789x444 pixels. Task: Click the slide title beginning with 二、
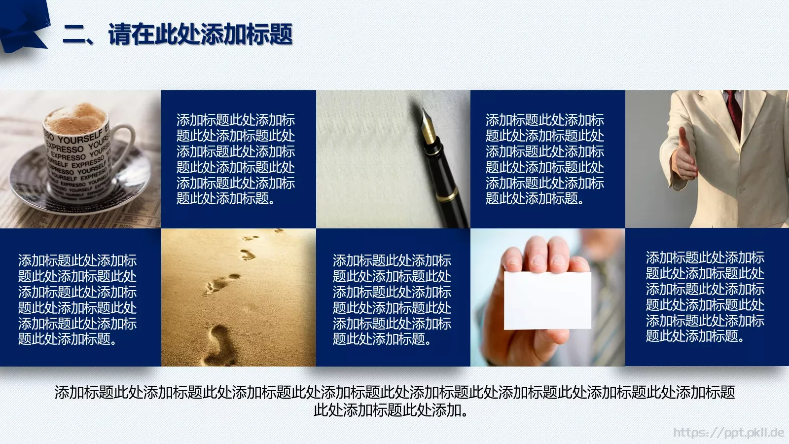coord(178,35)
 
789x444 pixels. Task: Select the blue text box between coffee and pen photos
coord(238,159)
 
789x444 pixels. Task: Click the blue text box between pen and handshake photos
coord(547,159)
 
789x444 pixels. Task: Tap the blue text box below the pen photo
coord(393,298)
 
